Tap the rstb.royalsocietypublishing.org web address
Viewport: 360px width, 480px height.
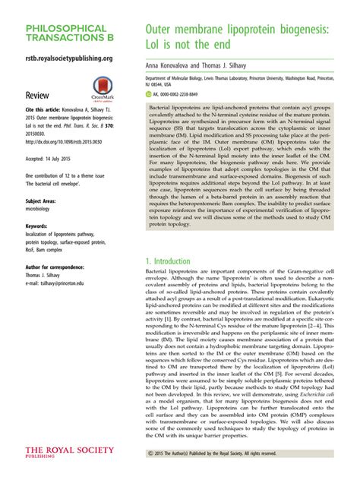click(x=68, y=58)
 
